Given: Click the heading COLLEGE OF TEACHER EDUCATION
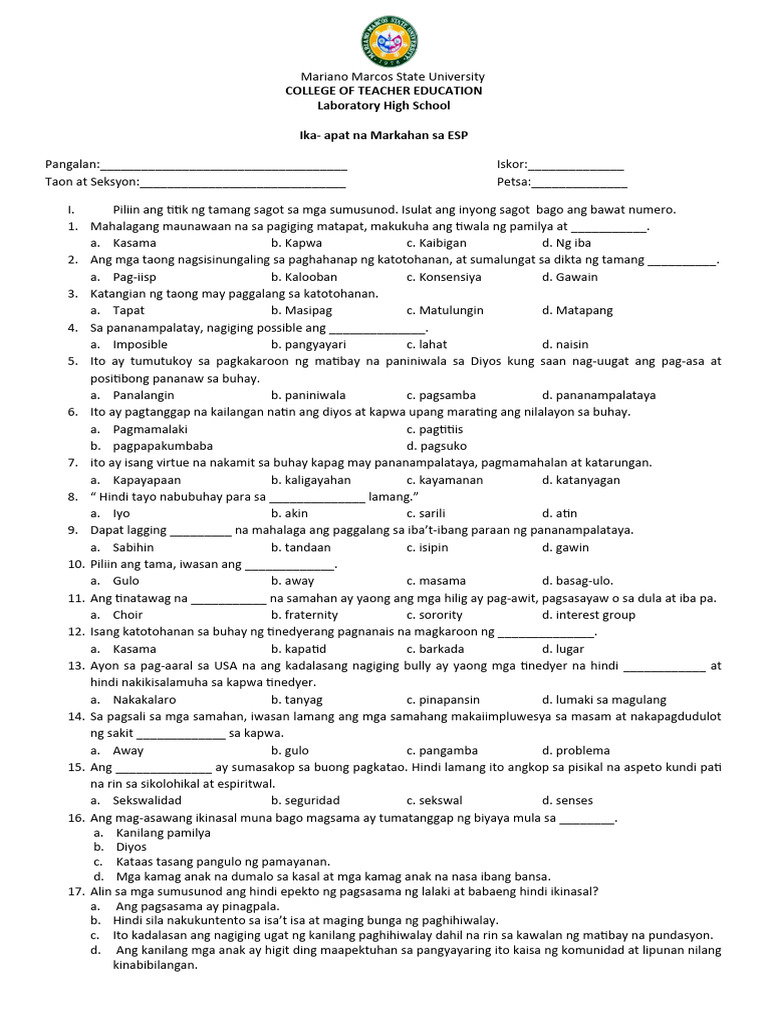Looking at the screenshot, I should (x=383, y=91).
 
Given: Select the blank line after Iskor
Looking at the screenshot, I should (x=576, y=167).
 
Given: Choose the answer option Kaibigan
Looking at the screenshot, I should (x=432, y=243).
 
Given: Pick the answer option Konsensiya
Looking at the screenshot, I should (x=443, y=277).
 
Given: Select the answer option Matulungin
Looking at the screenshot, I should (x=445, y=311).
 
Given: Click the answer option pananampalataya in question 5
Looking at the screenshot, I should (x=598, y=395).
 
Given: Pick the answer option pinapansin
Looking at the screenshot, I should (x=443, y=700).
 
